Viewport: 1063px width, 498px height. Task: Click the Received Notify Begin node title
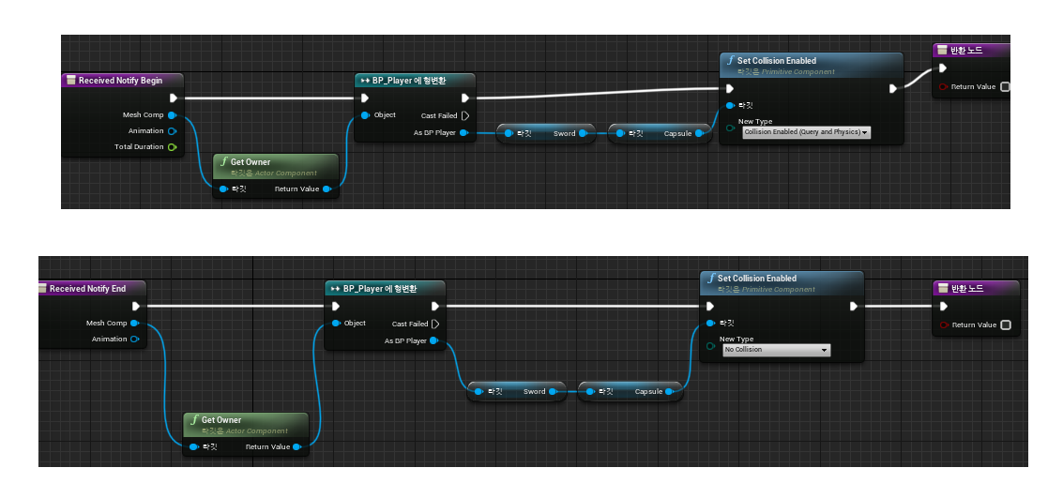tap(119, 81)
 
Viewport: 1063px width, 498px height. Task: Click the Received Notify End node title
tap(87, 289)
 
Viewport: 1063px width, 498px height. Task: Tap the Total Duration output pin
tap(172, 147)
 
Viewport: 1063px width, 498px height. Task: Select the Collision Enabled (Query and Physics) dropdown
tap(806, 132)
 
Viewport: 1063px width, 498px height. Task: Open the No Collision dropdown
tap(777, 350)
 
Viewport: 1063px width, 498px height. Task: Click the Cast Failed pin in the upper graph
tap(464, 115)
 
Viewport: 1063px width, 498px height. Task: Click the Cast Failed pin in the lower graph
tap(434, 324)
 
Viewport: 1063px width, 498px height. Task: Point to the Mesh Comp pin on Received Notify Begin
tap(172, 115)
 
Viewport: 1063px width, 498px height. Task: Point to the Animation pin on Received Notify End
tap(134, 340)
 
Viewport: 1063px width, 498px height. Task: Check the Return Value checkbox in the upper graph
tap(1005, 87)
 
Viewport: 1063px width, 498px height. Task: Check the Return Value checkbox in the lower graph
tap(1006, 325)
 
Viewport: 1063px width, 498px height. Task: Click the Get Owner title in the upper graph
tap(250, 162)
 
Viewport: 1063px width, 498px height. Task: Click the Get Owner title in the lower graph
tap(220, 420)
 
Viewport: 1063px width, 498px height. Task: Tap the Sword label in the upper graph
tap(564, 134)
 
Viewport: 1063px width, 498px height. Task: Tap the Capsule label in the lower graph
tap(649, 392)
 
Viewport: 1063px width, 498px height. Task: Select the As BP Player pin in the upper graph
tap(464, 133)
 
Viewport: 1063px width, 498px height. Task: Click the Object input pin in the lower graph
tap(335, 324)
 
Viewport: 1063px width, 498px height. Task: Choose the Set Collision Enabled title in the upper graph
tap(776, 61)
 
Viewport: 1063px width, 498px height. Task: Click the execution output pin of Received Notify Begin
tap(173, 98)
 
